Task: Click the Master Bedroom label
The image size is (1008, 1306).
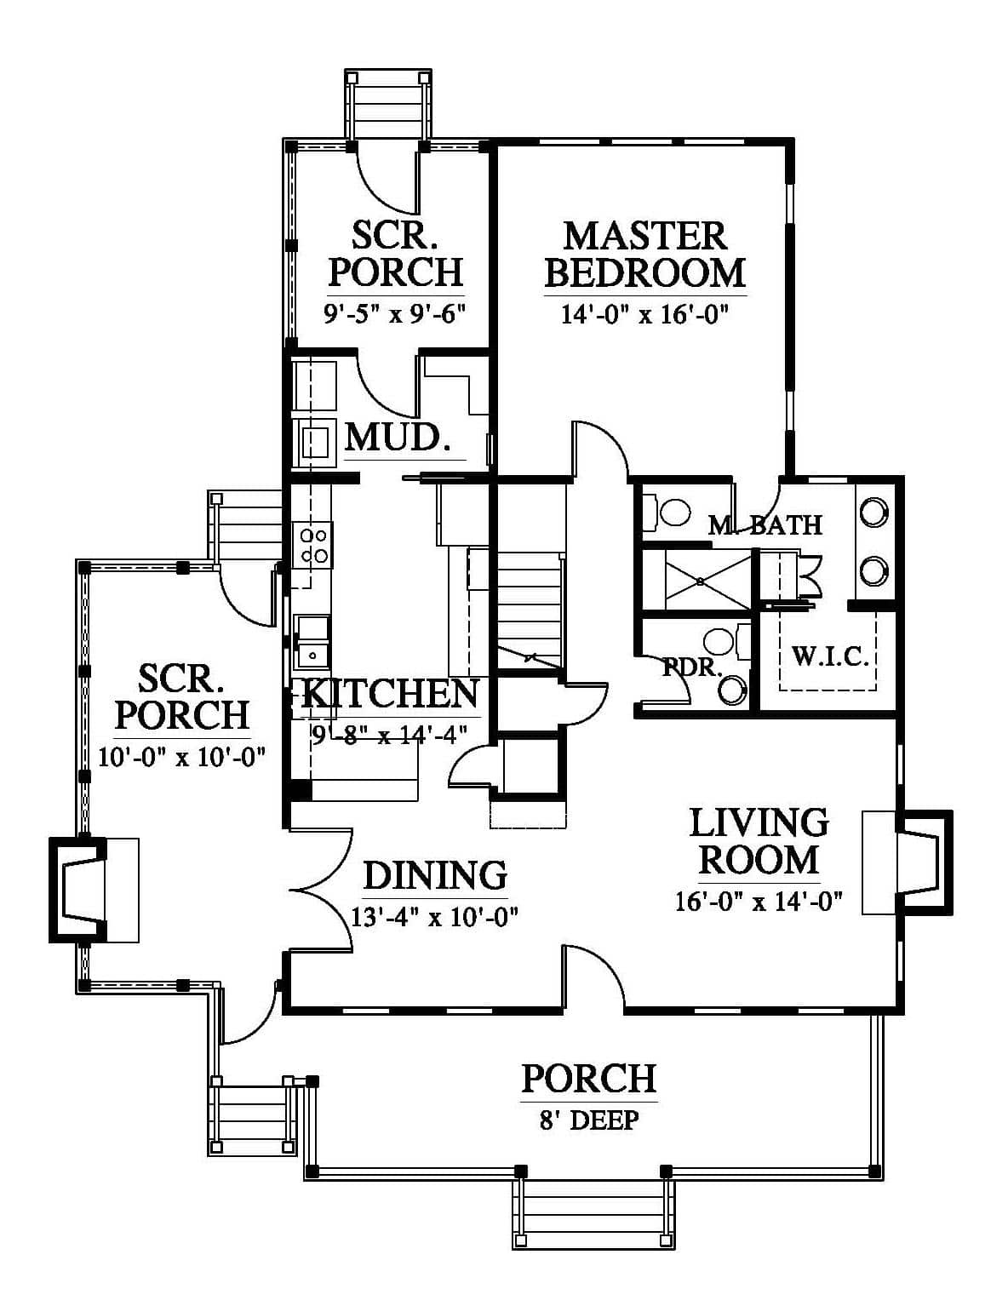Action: click(x=645, y=255)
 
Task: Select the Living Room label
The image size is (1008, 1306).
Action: click(x=759, y=841)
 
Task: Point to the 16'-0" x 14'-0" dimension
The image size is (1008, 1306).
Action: click(x=759, y=902)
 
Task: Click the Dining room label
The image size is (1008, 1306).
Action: click(x=436, y=875)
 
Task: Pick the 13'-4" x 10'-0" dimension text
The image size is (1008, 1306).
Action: click(x=434, y=917)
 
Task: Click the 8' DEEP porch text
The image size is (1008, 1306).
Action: click(x=588, y=1120)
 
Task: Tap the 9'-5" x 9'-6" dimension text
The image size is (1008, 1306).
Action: click(x=395, y=313)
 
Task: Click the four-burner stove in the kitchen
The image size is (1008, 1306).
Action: click(x=313, y=545)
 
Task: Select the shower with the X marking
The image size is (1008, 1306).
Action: click(x=701, y=581)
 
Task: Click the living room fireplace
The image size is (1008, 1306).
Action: click(x=907, y=863)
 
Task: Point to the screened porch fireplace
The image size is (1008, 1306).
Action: click(x=94, y=890)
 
